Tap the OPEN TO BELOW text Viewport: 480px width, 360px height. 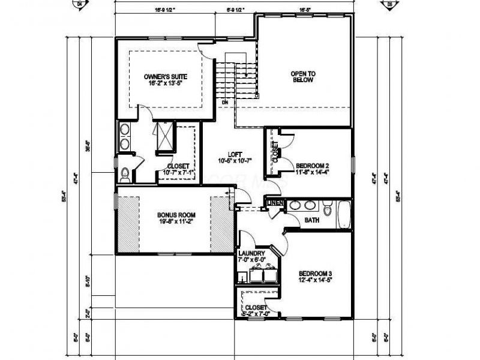(303, 77)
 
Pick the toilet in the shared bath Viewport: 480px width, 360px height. (327, 209)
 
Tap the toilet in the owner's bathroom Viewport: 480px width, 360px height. (125, 174)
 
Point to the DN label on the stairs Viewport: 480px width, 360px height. (224, 103)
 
